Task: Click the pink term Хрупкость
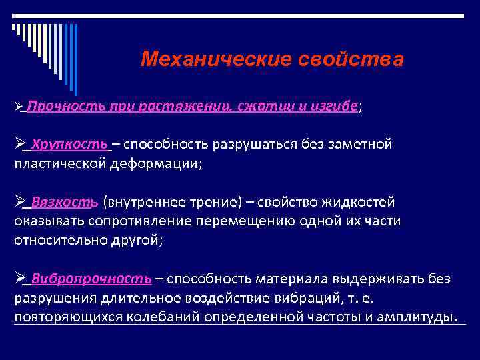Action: click(x=69, y=144)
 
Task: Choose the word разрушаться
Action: click(x=249, y=144)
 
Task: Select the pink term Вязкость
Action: click(x=65, y=202)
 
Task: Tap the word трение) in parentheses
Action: click(x=219, y=202)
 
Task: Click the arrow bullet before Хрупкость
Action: click(x=19, y=144)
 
